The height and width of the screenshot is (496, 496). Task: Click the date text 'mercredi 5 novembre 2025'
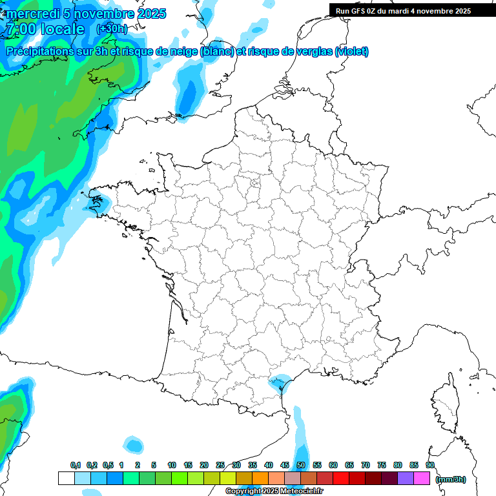[x=86, y=14]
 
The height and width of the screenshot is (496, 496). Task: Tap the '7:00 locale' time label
[x=44, y=29]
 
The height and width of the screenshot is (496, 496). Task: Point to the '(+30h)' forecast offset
[x=112, y=29]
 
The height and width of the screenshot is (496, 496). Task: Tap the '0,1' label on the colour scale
[x=75, y=466]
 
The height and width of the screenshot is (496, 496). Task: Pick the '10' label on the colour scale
[x=172, y=466]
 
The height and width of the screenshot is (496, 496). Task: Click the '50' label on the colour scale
[x=301, y=466]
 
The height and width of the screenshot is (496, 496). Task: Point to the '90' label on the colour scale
[x=430, y=466]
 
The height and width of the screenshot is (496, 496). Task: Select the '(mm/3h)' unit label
[x=451, y=479]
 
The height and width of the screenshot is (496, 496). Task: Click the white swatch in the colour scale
[x=66, y=478]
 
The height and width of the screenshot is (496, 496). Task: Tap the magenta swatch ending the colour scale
[x=422, y=478]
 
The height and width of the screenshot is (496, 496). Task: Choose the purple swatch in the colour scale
[x=406, y=478]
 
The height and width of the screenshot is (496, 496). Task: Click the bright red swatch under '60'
[x=341, y=478]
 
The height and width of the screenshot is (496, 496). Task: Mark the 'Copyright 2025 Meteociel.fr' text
[x=274, y=491]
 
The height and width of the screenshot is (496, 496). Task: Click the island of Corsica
[x=444, y=404]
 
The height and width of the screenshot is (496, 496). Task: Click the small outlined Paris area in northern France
[x=255, y=187]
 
